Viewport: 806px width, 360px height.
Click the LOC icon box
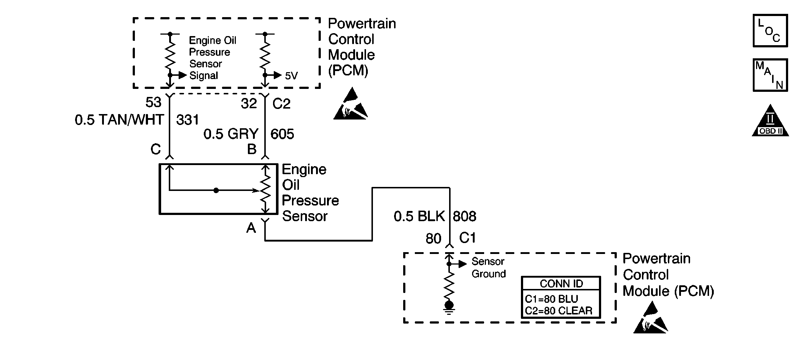tap(770, 31)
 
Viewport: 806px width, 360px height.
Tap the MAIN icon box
tap(770, 75)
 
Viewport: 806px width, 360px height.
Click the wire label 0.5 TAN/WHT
tap(119, 120)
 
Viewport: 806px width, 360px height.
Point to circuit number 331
tap(188, 120)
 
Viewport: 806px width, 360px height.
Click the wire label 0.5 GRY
tap(231, 134)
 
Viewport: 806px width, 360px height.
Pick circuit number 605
tap(282, 134)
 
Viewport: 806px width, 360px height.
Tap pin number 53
tap(153, 102)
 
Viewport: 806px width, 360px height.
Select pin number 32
tap(249, 104)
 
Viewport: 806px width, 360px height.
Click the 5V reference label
tap(291, 76)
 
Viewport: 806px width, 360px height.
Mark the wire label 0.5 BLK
tap(419, 216)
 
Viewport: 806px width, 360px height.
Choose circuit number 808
tap(464, 216)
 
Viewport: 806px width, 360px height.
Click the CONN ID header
tap(561, 283)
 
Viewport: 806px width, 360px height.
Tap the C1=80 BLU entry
tap(552, 299)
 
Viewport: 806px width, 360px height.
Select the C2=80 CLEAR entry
tap(558, 311)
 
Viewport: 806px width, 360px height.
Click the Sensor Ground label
tap(488, 267)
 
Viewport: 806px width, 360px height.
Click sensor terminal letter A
tap(251, 228)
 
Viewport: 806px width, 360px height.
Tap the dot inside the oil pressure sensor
tap(216, 190)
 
